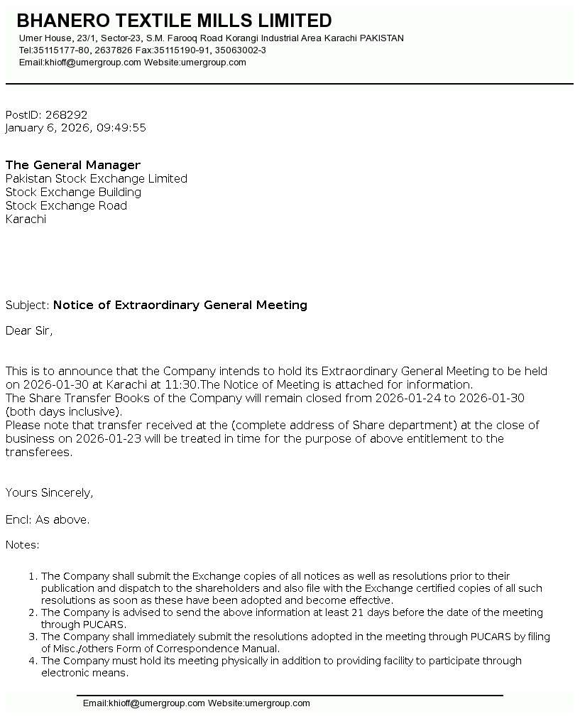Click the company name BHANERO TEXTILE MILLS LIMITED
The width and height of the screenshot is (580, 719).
[x=174, y=21]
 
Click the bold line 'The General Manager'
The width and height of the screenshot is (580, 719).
[x=73, y=165]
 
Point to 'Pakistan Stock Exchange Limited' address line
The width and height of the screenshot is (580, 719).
[x=97, y=178]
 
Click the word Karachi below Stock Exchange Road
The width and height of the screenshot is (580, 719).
[x=26, y=219]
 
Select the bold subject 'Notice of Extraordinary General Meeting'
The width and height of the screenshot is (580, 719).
[x=180, y=305]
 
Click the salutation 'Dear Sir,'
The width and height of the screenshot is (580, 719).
[x=29, y=330]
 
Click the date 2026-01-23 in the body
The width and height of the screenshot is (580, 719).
[x=97, y=438]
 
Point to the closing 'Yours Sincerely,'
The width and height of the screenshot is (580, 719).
[x=50, y=492]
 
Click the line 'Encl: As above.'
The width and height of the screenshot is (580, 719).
[x=48, y=519]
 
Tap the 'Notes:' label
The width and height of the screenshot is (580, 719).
[x=23, y=545]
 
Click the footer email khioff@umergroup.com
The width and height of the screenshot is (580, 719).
[x=144, y=703]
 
